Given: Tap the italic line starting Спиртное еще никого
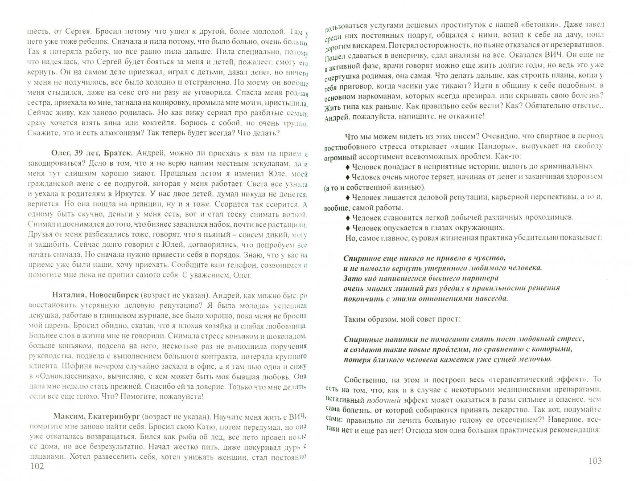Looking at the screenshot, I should (425, 258).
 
